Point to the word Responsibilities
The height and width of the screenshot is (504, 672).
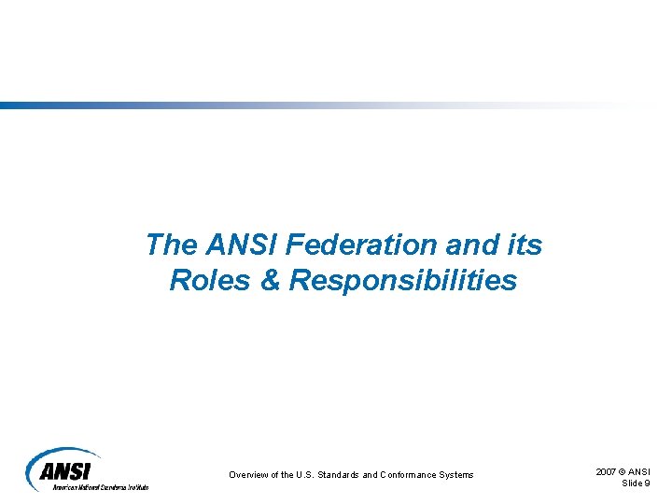[x=403, y=279]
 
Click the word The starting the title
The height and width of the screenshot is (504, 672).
[x=171, y=245]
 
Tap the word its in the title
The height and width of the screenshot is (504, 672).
[x=525, y=245]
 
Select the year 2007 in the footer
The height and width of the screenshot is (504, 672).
[x=607, y=472]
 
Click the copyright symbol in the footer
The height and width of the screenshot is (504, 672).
[x=625, y=472]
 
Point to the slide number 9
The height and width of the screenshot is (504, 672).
[x=648, y=483]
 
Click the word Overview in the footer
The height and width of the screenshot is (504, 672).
[x=250, y=475]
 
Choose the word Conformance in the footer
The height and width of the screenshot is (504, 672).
[x=413, y=475]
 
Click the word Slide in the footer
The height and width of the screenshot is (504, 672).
[x=632, y=483]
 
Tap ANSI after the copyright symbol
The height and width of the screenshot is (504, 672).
[x=640, y=472]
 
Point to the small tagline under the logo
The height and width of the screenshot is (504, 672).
[x=100, y=486]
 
